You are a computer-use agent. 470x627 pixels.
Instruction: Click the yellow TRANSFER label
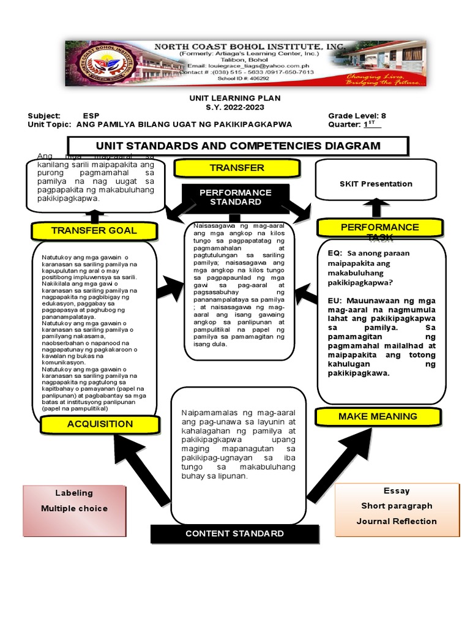(236, 168)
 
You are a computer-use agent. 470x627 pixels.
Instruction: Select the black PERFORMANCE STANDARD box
(236, 197)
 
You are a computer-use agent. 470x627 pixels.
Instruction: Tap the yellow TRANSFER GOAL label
(94, 230)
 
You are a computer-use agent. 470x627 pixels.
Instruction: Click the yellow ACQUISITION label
(100, 424)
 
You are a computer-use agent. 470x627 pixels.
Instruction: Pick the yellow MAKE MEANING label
(378, 416)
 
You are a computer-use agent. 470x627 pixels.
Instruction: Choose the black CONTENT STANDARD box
(234, 533)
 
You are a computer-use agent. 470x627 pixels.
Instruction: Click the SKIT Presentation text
(376, 184)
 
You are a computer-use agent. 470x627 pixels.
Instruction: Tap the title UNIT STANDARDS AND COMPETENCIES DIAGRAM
(237, 146)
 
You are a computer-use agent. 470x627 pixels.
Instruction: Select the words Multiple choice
(74, 508)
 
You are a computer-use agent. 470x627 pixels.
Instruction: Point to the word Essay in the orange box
(397, 490)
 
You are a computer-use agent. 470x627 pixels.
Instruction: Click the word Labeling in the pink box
(74, 493)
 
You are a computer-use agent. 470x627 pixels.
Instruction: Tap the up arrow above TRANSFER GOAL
(94, 216)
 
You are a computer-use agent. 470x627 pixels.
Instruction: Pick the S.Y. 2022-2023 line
(235, 107)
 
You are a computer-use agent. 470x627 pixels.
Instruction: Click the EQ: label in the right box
(334, 253)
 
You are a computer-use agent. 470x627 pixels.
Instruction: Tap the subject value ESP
(91, 116)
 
